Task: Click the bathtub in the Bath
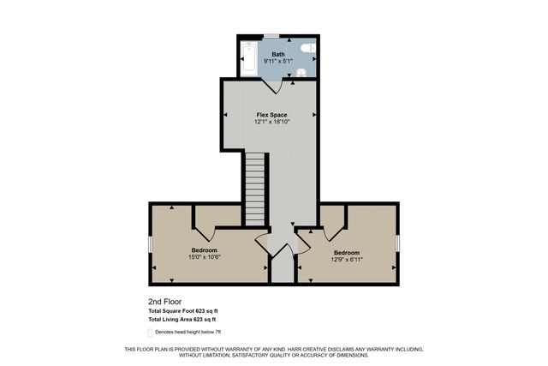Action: [248, 58]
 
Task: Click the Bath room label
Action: [278, 55]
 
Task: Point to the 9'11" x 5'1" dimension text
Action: [278, 62]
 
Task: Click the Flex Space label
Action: [271, 114]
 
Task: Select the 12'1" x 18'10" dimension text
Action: [271, 122]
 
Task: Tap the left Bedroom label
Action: [205, 249]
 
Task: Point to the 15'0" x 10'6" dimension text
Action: [205, 256]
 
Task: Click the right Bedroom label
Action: [346, 252]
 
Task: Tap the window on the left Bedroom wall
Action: [150, 244]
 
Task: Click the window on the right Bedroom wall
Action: [398, 243]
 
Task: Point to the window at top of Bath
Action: [271, 35]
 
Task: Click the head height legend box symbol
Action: [152, 331]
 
